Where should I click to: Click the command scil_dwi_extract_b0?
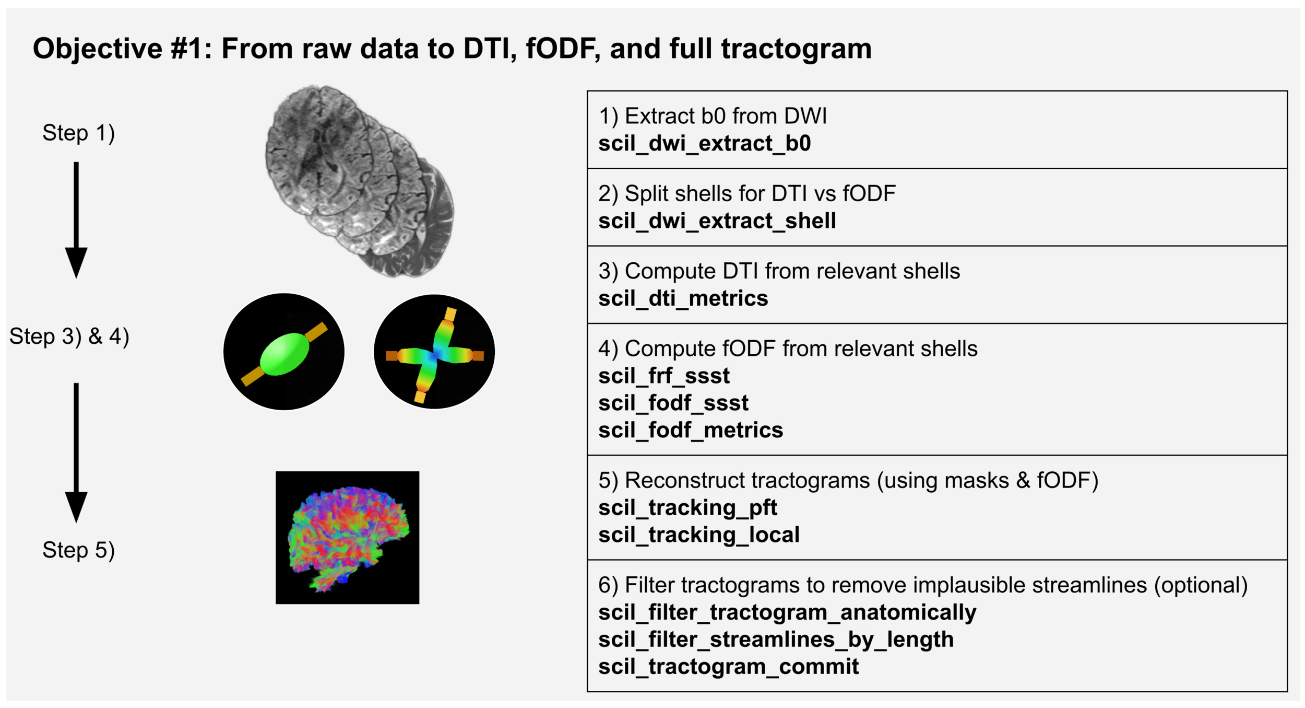pyautogui.click(x=704, y=144)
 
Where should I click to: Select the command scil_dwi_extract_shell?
pyautogui.click(x=717, y=221)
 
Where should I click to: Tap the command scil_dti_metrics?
pyautogui.click(x=683, y=299)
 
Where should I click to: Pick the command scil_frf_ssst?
pyautogui.click(x=663, y=376)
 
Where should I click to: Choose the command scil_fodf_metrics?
pyautogui.click(x=690, y=431)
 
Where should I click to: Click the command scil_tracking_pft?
pyautogui.click(x=687, y=508)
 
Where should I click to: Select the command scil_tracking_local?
pyautogui.click(x=698, y=535)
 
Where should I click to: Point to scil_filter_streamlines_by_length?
pyautogui.click(x=776, y=640)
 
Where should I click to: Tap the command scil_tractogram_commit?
pyautogui.click(x=728, y=667)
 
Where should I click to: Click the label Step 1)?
pyautogui.click(x=78, y=133)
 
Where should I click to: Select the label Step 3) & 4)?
pyautogui.click(x=69, y=336)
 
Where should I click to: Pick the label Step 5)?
pyautogui.click(x=78, y=550)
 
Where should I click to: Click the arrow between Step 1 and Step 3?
pyautogui.click(x=76, y=219)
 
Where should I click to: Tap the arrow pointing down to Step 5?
pyautogui.click(x=76, y=452)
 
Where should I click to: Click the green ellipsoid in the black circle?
pyautogui.click(x=284, y=354)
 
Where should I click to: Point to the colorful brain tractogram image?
pyautogui.click(x=348, y=538)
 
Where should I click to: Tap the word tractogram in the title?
pyautogui.click(x=796, y=49)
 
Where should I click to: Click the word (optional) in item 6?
pyautogui.click(x=1201, y=585)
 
